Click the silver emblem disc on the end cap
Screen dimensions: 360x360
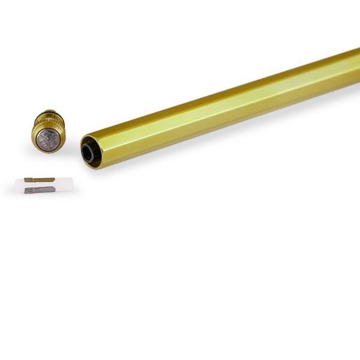point(47,140)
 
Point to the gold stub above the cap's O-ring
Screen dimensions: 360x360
point(50,111)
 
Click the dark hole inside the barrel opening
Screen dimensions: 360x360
point(88,153)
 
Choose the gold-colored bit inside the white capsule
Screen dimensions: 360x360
point(40,179)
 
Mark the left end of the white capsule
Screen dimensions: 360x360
point(17,185)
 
